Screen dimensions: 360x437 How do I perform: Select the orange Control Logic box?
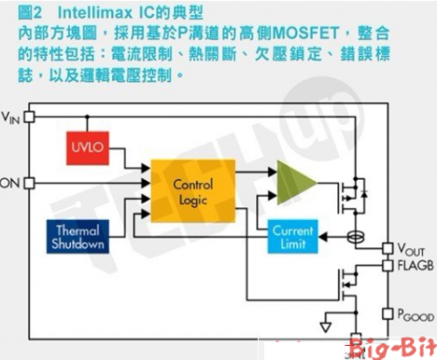pyautogui.click(x=193, y=191)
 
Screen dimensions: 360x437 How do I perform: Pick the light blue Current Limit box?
pyautogui.click(x=293, y=237)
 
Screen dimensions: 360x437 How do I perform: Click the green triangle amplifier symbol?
pyautogui.click(x=295, y=182)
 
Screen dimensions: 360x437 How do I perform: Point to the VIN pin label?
pyautogui.click(x=11, y=116)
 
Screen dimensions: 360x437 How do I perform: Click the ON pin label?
pyautogui.click(x=10, y=183)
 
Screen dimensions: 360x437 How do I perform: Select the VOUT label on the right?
pyautogui.click(x=412, y=249)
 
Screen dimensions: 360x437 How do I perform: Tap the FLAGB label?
pyautogui.click(x=414, y=266)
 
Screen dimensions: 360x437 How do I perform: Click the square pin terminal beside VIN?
pyautogui.click(x=29, y=115)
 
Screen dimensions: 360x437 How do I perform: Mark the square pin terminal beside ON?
pyautogui.click(x=29, y=183)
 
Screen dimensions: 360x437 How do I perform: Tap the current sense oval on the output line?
pyautogui.click(x=356, y=236)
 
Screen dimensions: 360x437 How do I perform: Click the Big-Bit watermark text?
pyautogui.click(x=399, y=350)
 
